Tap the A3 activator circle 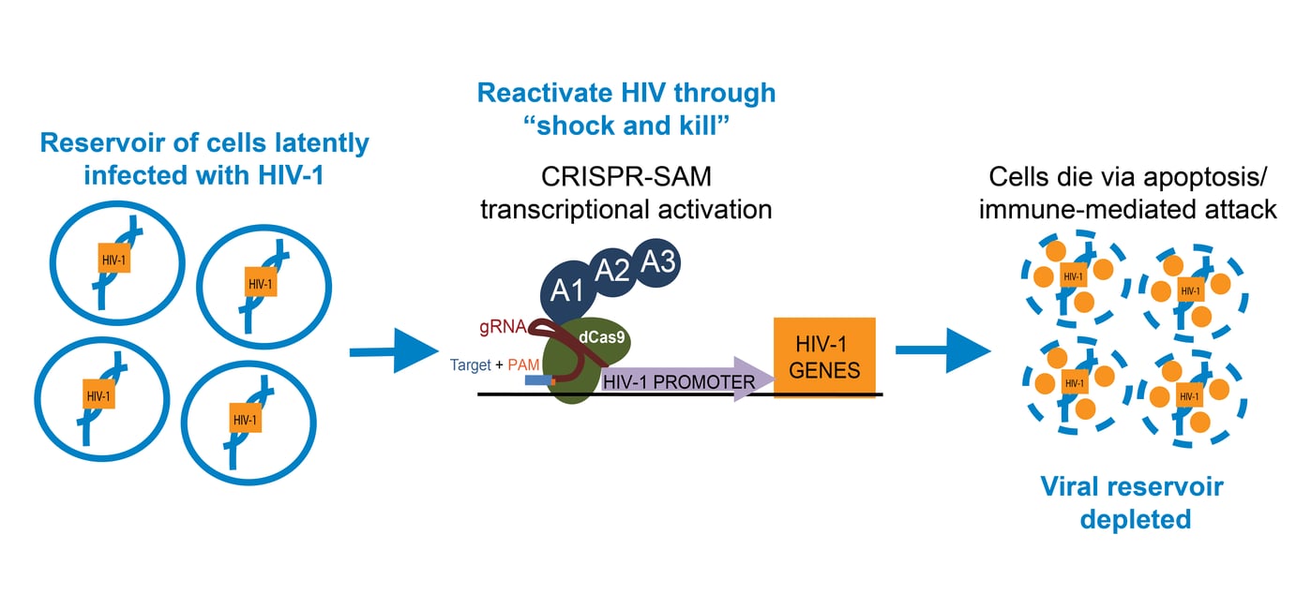click(658, 262)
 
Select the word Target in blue click(471, 365)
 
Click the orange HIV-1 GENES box click(824, 357)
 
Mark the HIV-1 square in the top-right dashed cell click(1189, 290)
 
